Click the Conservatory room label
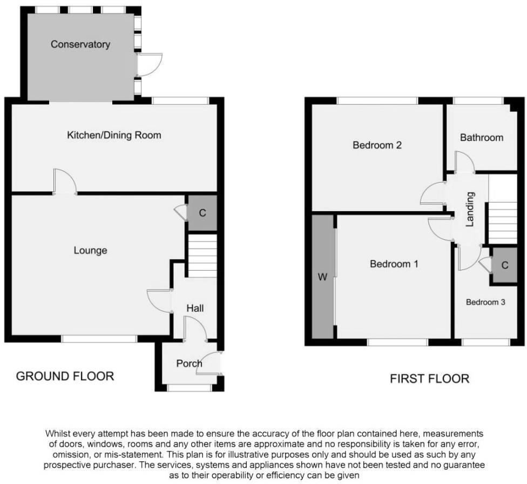point(80,44)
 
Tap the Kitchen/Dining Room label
point(114,135)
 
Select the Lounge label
point(90,251)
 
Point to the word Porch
point(189,364)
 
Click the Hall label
point(195,308)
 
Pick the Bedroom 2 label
point(377,145)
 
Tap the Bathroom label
point(481,138)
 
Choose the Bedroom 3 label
point(485,302)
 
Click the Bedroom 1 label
point(394,264)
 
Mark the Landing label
point(470,210)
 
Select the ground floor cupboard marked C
point(202,213)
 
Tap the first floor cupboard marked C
point(504,266)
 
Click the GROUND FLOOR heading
point(65,376)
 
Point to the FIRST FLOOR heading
point(429,379)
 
